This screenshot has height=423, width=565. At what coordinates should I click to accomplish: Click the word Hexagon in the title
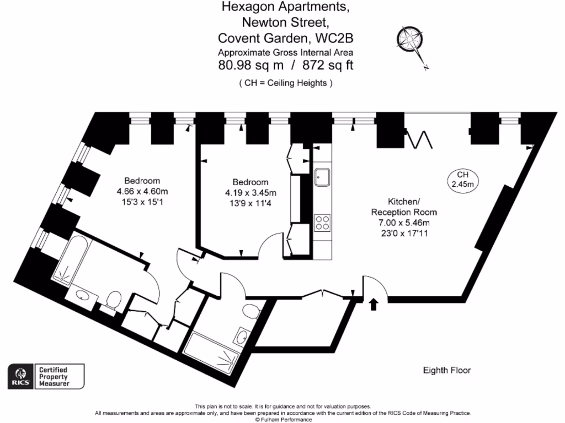coord(248,8)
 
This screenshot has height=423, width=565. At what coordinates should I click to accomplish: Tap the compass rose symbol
coord(411,42)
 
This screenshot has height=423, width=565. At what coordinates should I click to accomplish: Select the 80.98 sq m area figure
coord(251,66)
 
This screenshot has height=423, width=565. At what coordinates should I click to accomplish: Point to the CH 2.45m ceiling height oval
coord(462,180)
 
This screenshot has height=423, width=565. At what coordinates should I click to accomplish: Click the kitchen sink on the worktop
coord(322,177)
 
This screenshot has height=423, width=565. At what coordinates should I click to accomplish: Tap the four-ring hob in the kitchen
coord(322,223)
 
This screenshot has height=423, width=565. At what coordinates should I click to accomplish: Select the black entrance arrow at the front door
coord(374,303)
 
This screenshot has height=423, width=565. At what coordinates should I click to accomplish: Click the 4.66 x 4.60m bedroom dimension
coord(142,191)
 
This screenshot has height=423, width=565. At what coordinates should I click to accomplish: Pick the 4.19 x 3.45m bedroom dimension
coord(250,193)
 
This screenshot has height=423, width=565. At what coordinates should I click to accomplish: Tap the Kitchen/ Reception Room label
coord(403,207)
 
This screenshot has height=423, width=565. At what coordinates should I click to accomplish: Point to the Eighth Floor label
coord(446,371)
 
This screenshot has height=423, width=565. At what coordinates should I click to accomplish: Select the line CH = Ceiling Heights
coord(285,83)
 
